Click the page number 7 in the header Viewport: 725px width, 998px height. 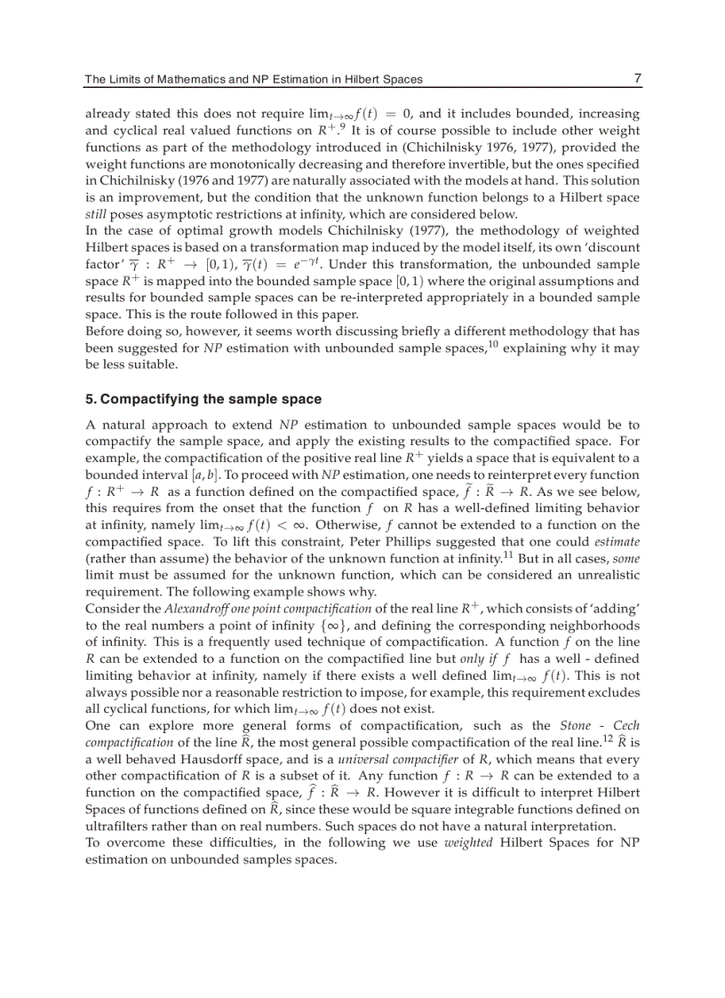coord(637,78)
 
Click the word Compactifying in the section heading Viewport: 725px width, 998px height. coord(142,399)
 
